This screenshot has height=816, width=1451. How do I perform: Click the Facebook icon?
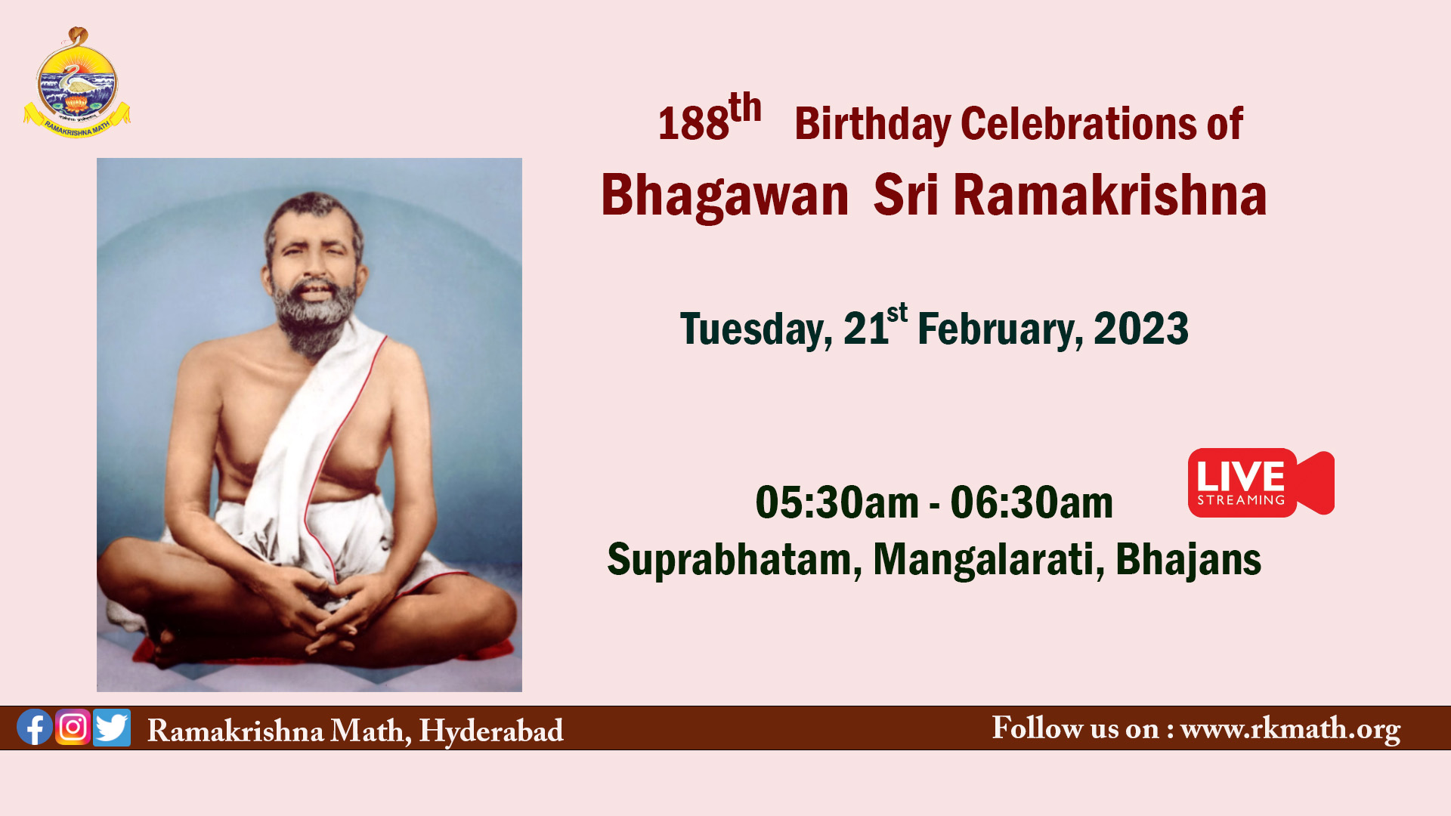pos(35,727)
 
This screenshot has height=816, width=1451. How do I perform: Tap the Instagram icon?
pos(73,727)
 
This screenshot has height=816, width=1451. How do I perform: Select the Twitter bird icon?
pos(112,728)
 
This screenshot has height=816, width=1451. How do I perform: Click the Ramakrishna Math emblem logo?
pos(76,83)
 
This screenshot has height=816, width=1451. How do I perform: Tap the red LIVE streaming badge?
pos(1261,483)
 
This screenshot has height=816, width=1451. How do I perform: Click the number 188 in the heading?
pos(693,123)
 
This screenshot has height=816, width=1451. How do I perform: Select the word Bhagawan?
pos(725,196)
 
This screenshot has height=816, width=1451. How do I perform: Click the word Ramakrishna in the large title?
pos(1109,194)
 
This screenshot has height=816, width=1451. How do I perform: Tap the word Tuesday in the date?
pos(756,329)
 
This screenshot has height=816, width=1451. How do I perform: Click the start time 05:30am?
pos(837,502)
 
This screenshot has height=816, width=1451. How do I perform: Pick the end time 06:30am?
pos(1032,502)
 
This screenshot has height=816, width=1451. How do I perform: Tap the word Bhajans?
pos(1188,560)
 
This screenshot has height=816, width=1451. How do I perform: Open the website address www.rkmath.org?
pos(1290,729)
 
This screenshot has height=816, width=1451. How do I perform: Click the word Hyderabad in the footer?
pos(491,731)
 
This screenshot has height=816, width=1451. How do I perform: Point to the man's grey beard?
pos(314,317)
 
